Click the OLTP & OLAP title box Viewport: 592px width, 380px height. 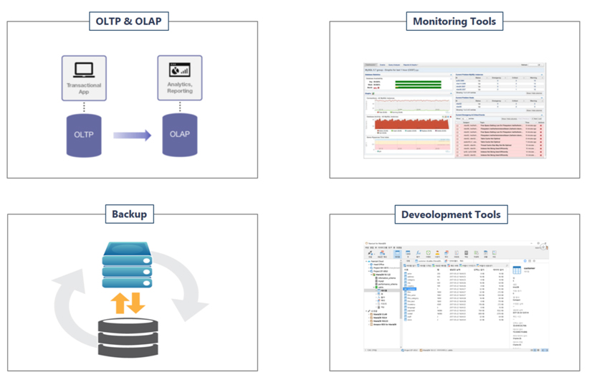click(x=133, y=22)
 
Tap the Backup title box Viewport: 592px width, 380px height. click(x=133, y=214)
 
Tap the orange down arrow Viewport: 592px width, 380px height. click(x=136, y=300)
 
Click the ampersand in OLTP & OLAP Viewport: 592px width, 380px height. click(x=132, y=22)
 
